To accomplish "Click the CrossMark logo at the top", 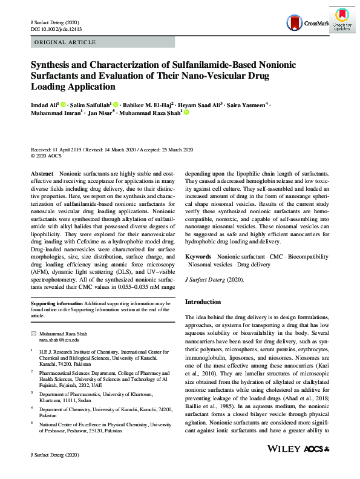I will coord(307,24).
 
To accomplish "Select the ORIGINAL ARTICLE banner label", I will coord(65,42).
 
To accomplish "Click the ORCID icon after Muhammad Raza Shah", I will coord(187,113).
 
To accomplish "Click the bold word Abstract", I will coord(42,173).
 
